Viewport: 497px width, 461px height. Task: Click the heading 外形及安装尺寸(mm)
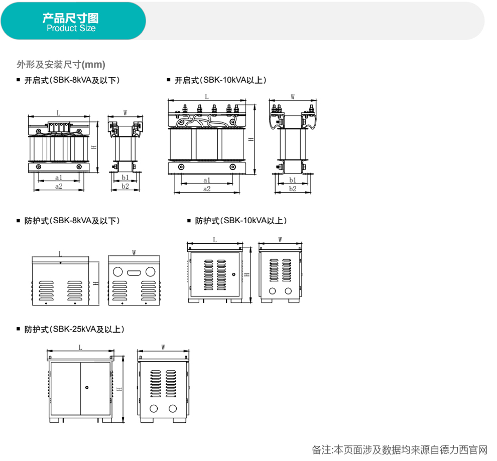tap(61, 64)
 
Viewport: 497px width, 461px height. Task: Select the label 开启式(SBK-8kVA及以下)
tap(72, 80)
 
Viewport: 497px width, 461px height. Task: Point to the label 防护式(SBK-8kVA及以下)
tap(72, 221)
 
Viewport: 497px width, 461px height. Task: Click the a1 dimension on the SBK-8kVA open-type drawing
tap(58, 178)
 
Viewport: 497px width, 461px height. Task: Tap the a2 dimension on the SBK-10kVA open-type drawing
tap(206, 189)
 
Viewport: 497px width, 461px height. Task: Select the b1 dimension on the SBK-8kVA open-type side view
tap(126, 177)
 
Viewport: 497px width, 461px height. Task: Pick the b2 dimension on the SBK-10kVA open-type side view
tap(292, 189)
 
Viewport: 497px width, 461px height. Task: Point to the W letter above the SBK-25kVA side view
tap(164, 347)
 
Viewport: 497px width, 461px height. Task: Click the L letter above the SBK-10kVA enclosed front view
tap(214, 240)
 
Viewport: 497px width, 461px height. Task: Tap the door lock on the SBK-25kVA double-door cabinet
tap(87, 387)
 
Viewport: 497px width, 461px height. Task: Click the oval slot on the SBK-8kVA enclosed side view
tap(134, 272)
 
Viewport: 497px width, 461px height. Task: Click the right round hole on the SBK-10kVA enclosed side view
tap(288, 291)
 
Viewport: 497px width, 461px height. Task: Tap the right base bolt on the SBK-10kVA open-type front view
tap(232, 167)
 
